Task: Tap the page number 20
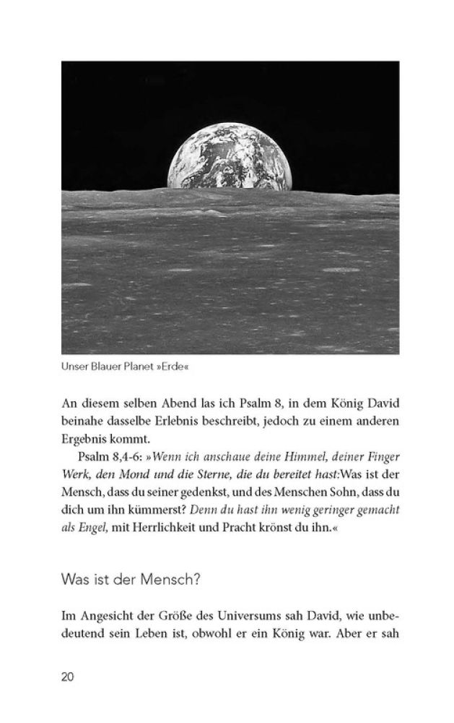[x=68, y=677]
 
